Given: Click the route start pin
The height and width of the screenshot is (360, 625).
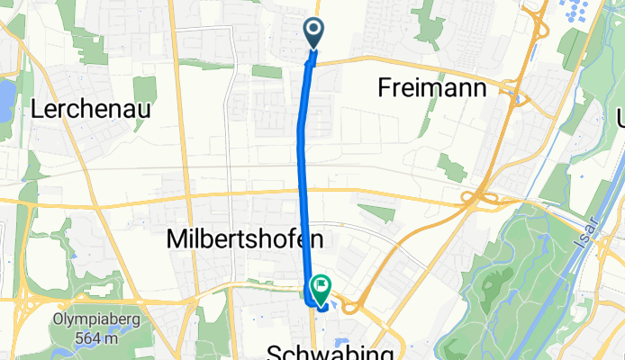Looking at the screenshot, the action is tap(314, 33).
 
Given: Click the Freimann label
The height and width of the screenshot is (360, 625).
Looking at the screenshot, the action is tap(432, 88).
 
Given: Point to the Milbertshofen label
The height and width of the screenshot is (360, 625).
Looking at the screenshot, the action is tap(245, 239).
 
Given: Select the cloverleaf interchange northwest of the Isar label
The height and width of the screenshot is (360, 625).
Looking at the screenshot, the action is tap(479, 196).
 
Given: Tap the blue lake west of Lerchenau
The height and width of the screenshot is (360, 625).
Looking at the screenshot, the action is tap(6, 94).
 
